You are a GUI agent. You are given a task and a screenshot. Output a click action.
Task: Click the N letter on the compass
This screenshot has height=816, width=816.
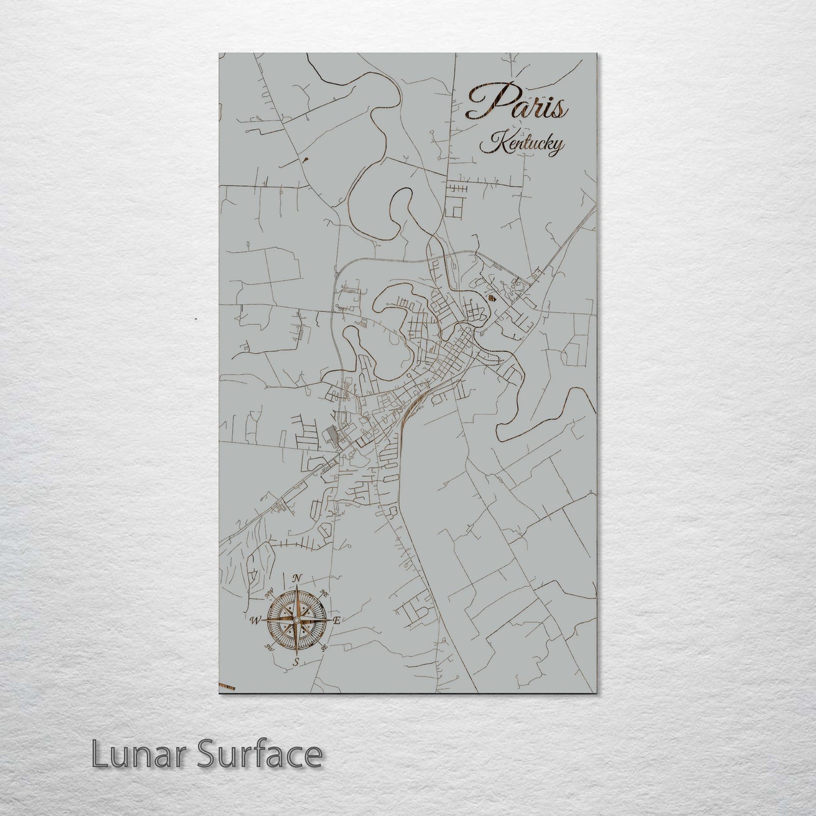click(297, 578)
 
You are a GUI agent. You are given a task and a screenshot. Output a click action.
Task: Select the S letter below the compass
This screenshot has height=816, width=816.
click(295, 662)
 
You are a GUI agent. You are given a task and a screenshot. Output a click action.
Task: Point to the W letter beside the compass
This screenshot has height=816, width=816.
click(255, 620)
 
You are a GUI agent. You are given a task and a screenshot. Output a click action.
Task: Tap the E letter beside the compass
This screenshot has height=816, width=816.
click(337, 621)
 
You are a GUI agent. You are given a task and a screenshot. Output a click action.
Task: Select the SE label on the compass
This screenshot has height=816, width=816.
click(324, 648)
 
